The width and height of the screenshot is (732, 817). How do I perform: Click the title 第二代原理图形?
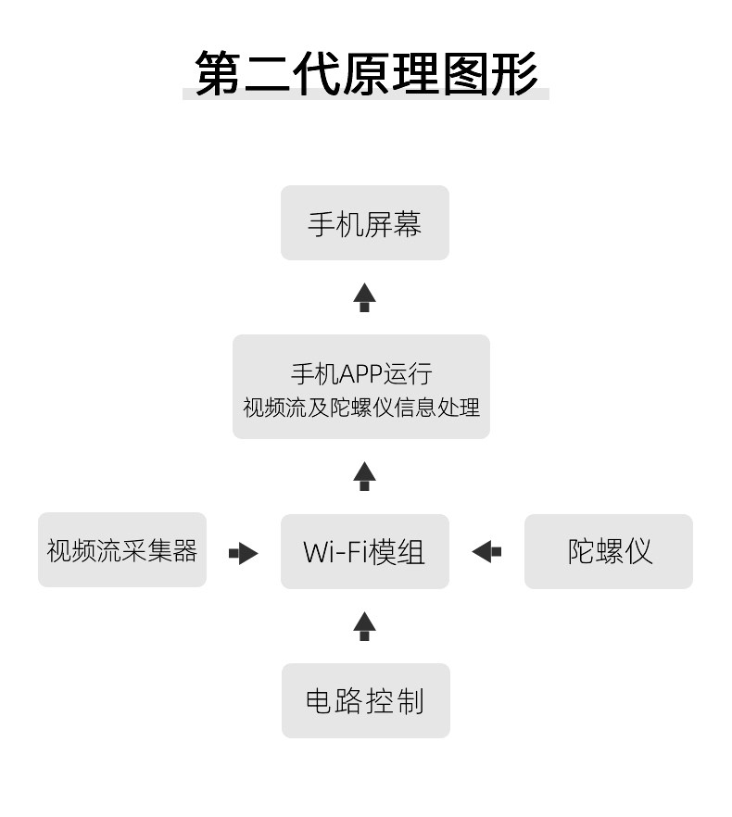(x=366, y=73)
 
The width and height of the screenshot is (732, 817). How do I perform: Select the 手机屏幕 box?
(x=365, y=222)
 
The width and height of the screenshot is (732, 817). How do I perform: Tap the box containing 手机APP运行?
(x=361, y=386)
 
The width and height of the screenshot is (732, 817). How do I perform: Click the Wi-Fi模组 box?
(x=365, y=551)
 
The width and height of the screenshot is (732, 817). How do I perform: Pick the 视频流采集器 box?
(x=122, y=549)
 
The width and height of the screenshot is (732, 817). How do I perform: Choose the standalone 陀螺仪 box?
(x=609, y=551)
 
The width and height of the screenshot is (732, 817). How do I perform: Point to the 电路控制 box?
(x=365, y=700)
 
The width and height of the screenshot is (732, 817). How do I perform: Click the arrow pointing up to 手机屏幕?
(x=364, y=297)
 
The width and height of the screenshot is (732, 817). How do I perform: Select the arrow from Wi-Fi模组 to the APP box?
(x=364, y=476)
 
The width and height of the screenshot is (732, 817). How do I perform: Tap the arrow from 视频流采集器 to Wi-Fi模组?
(x=244, y=553)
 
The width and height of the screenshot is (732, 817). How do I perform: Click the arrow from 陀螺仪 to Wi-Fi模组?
(x=486, y=551)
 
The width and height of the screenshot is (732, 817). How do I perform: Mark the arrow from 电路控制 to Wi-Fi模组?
(x=364, y=626)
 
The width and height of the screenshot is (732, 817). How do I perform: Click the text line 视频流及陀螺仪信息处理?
(x=361, y=408)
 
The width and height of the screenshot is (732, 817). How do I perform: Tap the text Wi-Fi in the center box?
(x=334, y=552)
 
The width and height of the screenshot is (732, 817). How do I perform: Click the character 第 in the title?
(x=218, y=73)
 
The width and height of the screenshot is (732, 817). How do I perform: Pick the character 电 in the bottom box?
(x=320, y=701)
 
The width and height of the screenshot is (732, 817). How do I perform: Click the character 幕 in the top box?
(x=407, y=224)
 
